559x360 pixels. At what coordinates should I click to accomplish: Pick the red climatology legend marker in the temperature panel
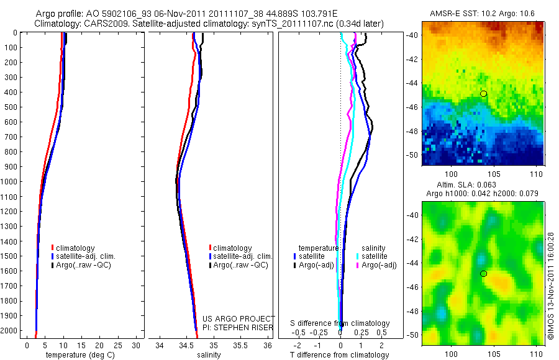[53, 248]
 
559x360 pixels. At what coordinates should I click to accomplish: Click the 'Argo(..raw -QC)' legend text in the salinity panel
[240, 265]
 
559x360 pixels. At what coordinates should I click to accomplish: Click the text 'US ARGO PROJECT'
[239, 318]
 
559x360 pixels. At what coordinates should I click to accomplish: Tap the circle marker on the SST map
[483, 94]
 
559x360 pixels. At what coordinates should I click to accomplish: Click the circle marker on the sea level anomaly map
[483, 274]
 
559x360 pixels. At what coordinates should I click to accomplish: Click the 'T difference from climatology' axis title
[340, 355]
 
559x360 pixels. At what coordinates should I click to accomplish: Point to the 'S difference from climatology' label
[340, 323]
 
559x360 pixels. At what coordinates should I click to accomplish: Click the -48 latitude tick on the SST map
[414, 132]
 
